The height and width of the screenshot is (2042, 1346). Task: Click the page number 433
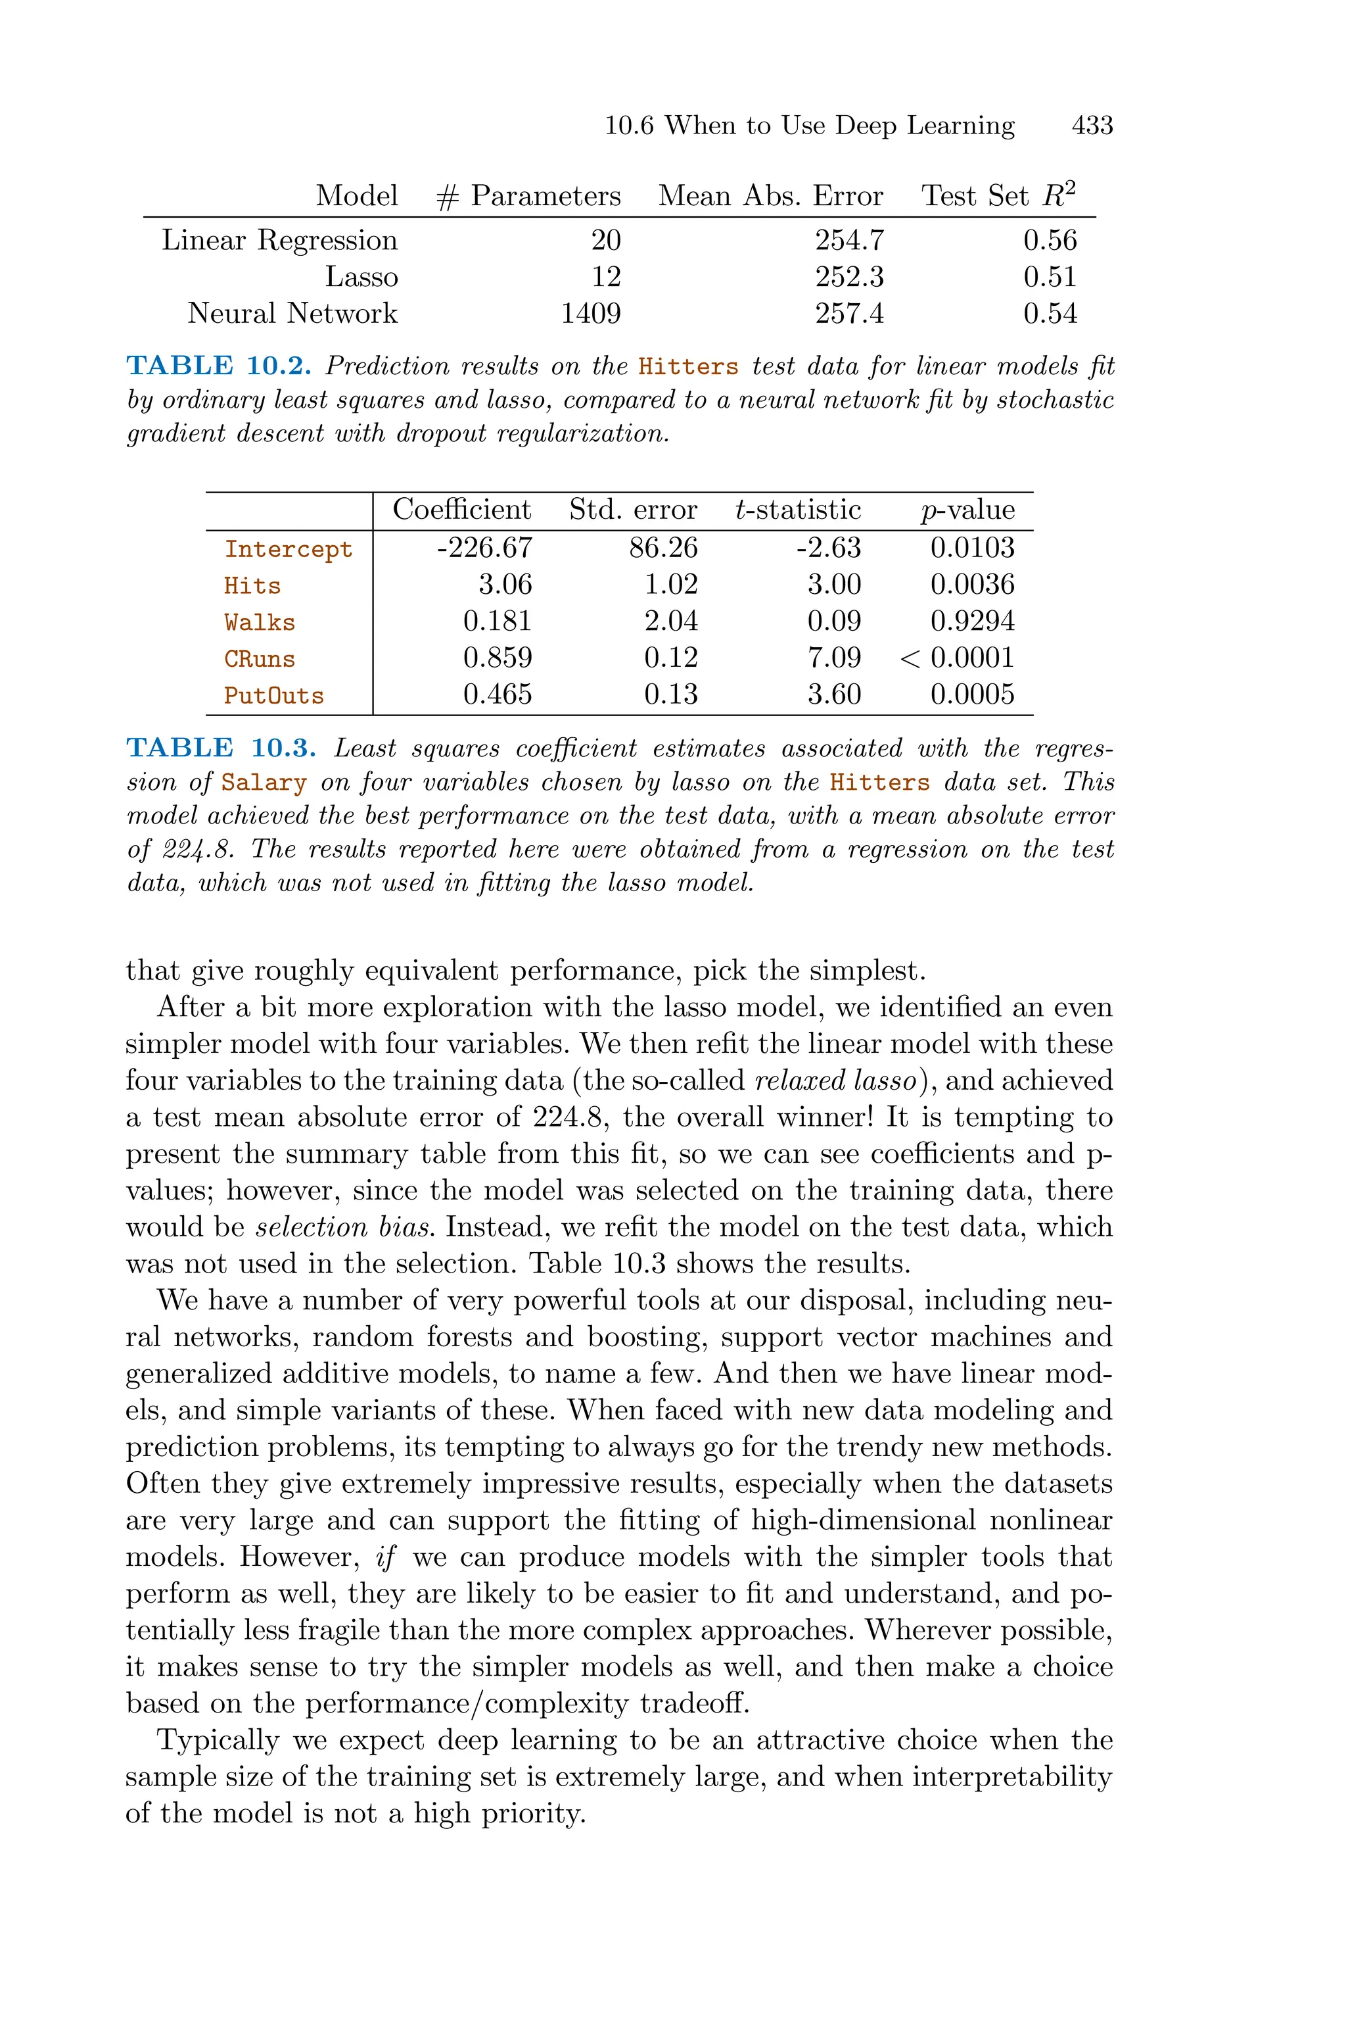[1092, 126]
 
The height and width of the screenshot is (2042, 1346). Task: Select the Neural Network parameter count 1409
[591, 314]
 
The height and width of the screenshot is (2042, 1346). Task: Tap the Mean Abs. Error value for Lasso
[849, 276]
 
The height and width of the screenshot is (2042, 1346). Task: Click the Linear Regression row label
[280, 241]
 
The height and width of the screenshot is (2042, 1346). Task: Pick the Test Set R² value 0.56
[1049, 241]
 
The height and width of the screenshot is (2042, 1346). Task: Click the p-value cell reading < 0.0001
[957, 658]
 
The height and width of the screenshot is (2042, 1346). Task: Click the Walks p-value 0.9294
[972, 621]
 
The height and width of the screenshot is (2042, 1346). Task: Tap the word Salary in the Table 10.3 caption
[264, 783]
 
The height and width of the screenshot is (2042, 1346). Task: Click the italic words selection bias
[343, 1227]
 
